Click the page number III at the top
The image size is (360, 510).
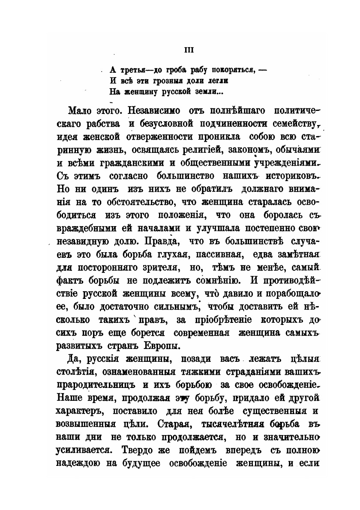[x=189, y=50]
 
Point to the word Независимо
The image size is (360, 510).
[x=159, y=113]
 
